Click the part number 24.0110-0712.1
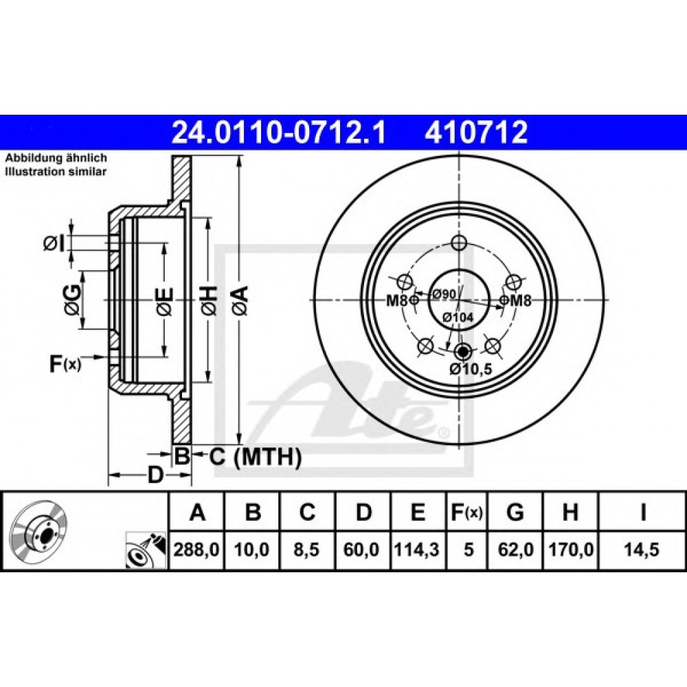point(279,133)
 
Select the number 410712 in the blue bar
point(476,133)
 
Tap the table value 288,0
point(196,549)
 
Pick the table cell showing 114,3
point(417,549)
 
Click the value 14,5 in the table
point(642,549)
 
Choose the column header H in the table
point(570,512)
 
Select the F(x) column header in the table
point(466,512)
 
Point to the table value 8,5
point(306,549)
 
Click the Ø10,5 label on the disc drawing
point(471,369)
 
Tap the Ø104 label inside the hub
point(458,317)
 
